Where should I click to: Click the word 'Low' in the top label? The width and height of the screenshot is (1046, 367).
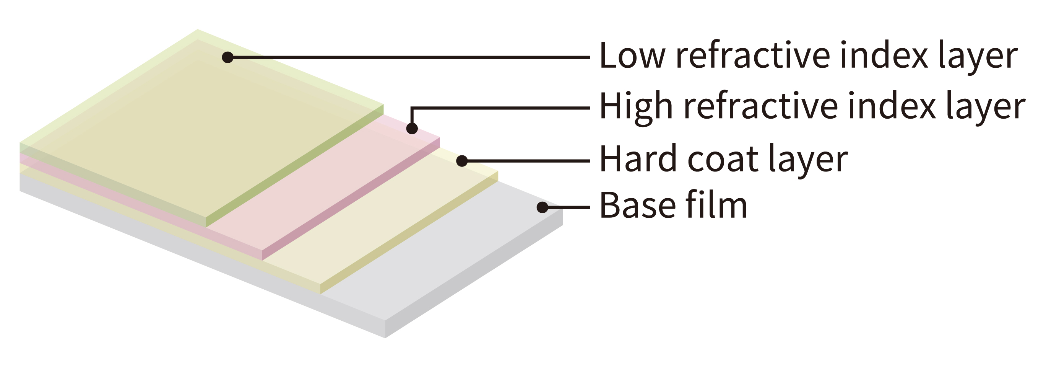tap(632, 55)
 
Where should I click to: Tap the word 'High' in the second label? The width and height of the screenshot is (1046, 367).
tap(635, 106)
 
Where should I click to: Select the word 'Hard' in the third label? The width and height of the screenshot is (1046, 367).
tap(638, 159)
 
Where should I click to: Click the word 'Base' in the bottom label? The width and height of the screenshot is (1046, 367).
tap(636, 205)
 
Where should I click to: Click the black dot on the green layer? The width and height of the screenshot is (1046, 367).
tap(228, 57)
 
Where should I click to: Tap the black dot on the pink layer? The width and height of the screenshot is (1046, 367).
tap(412, 129)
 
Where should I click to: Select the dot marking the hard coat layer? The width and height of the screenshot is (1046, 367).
tap(462, 161)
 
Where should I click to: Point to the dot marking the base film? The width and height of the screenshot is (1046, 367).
tap(542, 207)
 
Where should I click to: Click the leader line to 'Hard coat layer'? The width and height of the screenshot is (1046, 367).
tap(528, 161)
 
